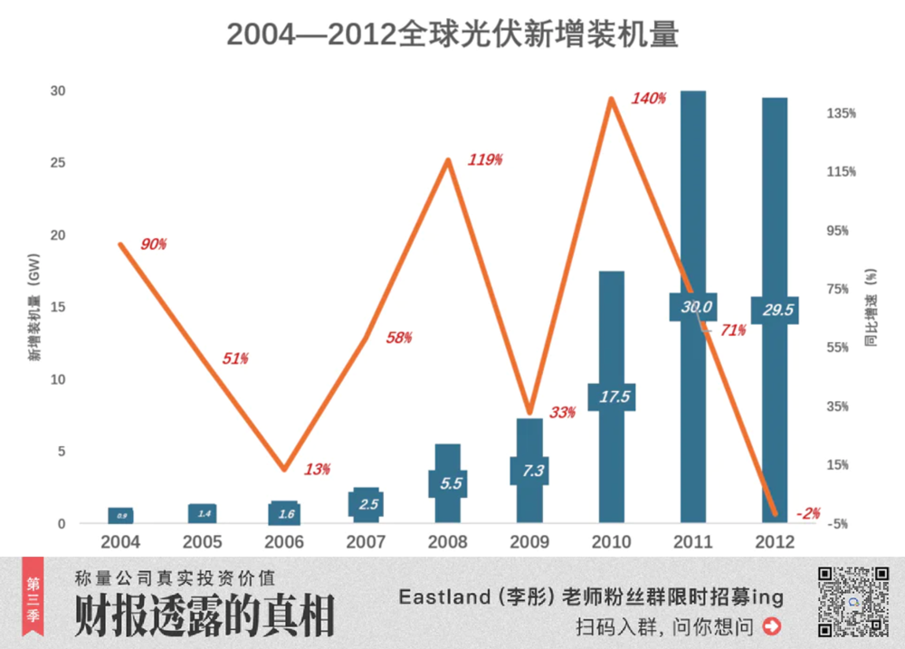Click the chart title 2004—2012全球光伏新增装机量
(x=452, y=34)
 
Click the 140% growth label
(x=649, y=99)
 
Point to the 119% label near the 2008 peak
(x=485, y=160)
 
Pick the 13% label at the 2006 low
(x=318, y=470)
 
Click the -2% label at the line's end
(x=808, y=513)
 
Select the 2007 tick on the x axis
(x=367, y=543)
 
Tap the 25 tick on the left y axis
(x=58, y=163)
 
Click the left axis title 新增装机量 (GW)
(x=33, y=308)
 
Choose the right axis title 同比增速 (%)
(x=871, y=308)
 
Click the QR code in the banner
(x=853, y=601)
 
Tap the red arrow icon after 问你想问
(x=772, y=625)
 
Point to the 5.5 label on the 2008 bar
(x=451, y=483)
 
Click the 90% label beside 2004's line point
(x=154, y=244)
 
